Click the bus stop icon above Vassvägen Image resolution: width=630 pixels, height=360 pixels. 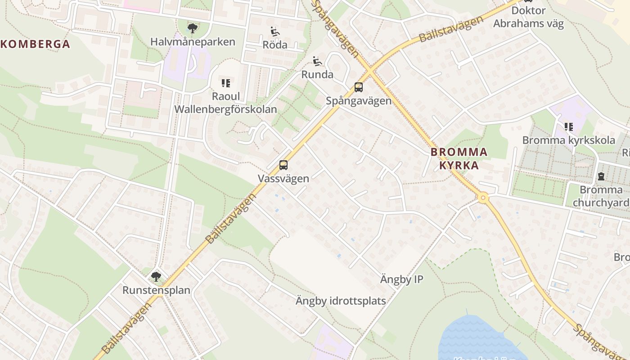(x=283, y=165)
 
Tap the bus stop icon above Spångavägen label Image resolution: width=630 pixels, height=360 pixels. (x=358, y=87)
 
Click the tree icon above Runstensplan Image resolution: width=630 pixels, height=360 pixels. (x=156, y=276)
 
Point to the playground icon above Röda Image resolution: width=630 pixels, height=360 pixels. (x=275, y=31)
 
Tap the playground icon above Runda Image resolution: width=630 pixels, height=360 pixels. (x=317, y=61)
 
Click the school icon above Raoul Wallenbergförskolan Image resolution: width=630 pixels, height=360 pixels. (x=225, y=83)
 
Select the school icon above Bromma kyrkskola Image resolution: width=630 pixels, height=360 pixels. (x=569, y=127)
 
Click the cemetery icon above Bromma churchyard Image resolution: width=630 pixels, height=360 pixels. (x=601, y=176)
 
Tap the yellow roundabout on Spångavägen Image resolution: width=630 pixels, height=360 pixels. (x=483, y=198)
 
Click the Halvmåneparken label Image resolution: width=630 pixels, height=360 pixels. (x=193, y=42)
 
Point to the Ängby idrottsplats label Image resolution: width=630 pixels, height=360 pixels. (x=341, y=301)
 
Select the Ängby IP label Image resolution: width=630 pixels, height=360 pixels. (x=401, y=279)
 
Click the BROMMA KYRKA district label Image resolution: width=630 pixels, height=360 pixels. (x=459, y=158)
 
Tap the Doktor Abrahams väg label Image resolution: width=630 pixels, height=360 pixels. (x=528, y=17)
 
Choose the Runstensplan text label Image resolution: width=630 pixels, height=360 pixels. (x=156, y=290)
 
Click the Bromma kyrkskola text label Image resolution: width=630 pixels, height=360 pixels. (x=568, y=140)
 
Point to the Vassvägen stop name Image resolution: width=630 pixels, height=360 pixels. (x=283, y=179)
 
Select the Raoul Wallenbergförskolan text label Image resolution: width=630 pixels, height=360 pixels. (x=225, y=103)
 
